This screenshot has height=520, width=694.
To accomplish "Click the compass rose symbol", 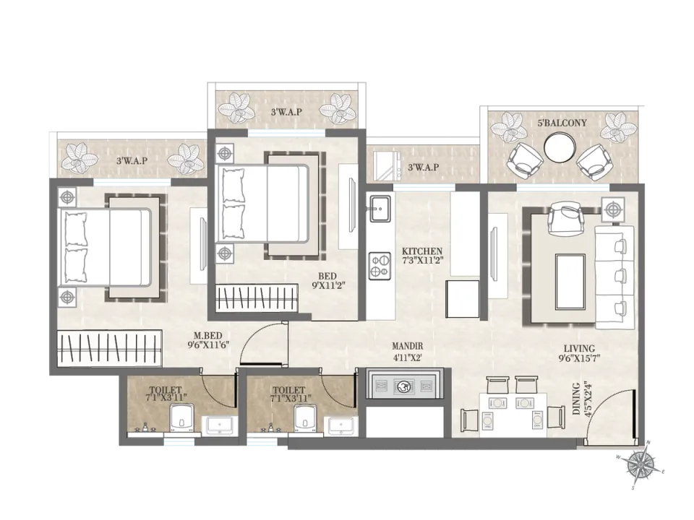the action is (641, 464).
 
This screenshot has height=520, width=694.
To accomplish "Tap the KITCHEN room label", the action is (421, 251).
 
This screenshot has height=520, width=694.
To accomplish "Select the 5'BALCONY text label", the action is (562, 123).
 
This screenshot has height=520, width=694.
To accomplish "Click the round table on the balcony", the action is (560, 147).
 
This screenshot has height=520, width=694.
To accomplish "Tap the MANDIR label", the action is (408, 346).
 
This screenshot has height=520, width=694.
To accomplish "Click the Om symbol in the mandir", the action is (403, 386).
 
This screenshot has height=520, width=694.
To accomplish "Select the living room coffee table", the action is (570, 282).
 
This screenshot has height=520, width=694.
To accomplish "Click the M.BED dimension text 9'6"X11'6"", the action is (208, 345).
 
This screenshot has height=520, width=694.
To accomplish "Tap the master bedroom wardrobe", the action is (110, 347).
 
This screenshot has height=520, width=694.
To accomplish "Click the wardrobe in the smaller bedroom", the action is (256, 299).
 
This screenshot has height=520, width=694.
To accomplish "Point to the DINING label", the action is (576, 399).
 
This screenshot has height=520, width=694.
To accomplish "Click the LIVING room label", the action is (579, 348).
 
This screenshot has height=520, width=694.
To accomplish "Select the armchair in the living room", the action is (564, 218).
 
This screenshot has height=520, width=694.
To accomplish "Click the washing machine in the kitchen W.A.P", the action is (387, 165).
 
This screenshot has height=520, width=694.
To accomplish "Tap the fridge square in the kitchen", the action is (463, 298).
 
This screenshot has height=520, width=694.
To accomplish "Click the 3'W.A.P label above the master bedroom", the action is (132, 161).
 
